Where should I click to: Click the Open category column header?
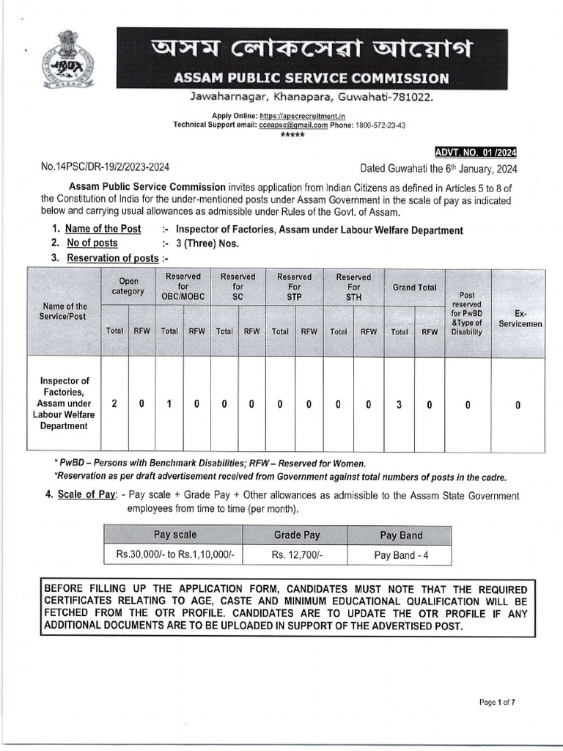click(128, 287)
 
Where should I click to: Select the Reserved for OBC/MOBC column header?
click(183, 287)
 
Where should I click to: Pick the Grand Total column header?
click(414, 287)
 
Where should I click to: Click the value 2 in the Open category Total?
click(114, 403)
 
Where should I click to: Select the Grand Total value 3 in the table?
click(400, 403)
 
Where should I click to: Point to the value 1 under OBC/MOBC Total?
click(169, 403)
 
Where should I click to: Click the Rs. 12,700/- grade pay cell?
click(297, 555)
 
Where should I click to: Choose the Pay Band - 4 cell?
click(401, 555)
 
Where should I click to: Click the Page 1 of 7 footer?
click(497, 703)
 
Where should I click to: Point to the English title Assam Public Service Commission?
click(311, 78)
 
